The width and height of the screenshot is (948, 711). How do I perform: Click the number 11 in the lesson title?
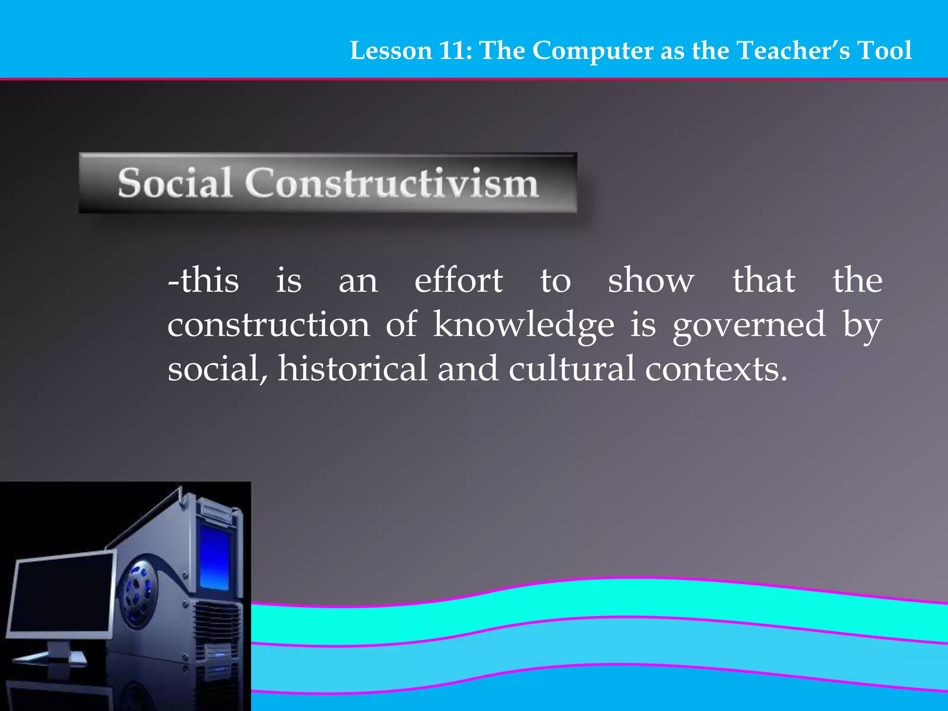453,50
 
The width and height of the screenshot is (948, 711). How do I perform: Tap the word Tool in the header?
884,50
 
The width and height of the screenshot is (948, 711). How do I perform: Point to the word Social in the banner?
175,183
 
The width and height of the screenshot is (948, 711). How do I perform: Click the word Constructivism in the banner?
392,183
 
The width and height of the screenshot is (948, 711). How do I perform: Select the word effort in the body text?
458,281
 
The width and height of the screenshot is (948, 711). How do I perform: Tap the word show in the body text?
651,281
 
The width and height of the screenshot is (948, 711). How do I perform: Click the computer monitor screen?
60,595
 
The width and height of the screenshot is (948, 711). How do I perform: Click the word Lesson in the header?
391,50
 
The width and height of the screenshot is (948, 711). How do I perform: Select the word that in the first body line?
764,281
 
